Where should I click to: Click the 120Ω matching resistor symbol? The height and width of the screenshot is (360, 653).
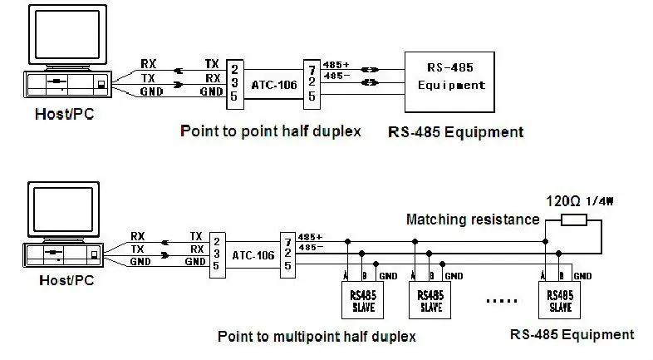pyautogui.click(x=574, y=220)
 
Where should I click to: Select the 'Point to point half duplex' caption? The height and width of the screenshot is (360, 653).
pyautogui.click(x=270, y=131)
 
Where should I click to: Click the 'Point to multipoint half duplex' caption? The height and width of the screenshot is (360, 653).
pyautogui.click(x=316, y=337)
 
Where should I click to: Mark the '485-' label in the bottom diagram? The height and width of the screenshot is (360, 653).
pyautogui.click(x=309, y=247)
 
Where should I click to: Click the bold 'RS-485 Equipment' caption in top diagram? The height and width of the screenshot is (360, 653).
pyautogui.click(x=455, y=131)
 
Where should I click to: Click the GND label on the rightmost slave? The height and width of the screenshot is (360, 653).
pyautogui.click(x=582, y=276)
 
